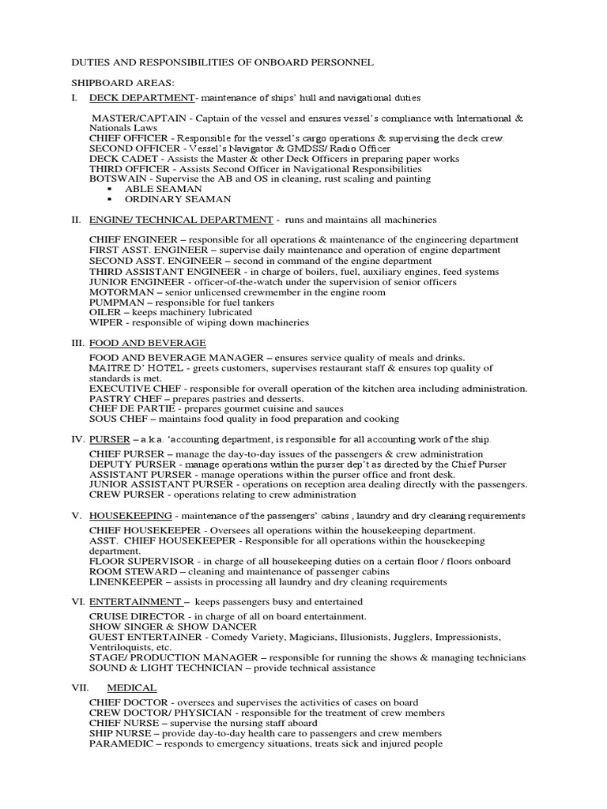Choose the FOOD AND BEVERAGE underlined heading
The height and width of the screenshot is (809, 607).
coord(147,343)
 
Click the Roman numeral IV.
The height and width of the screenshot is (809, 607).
coord(77,439)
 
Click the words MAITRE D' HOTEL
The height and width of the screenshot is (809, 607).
coord(133,368)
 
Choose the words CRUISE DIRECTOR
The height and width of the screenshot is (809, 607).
coord(135,616)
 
